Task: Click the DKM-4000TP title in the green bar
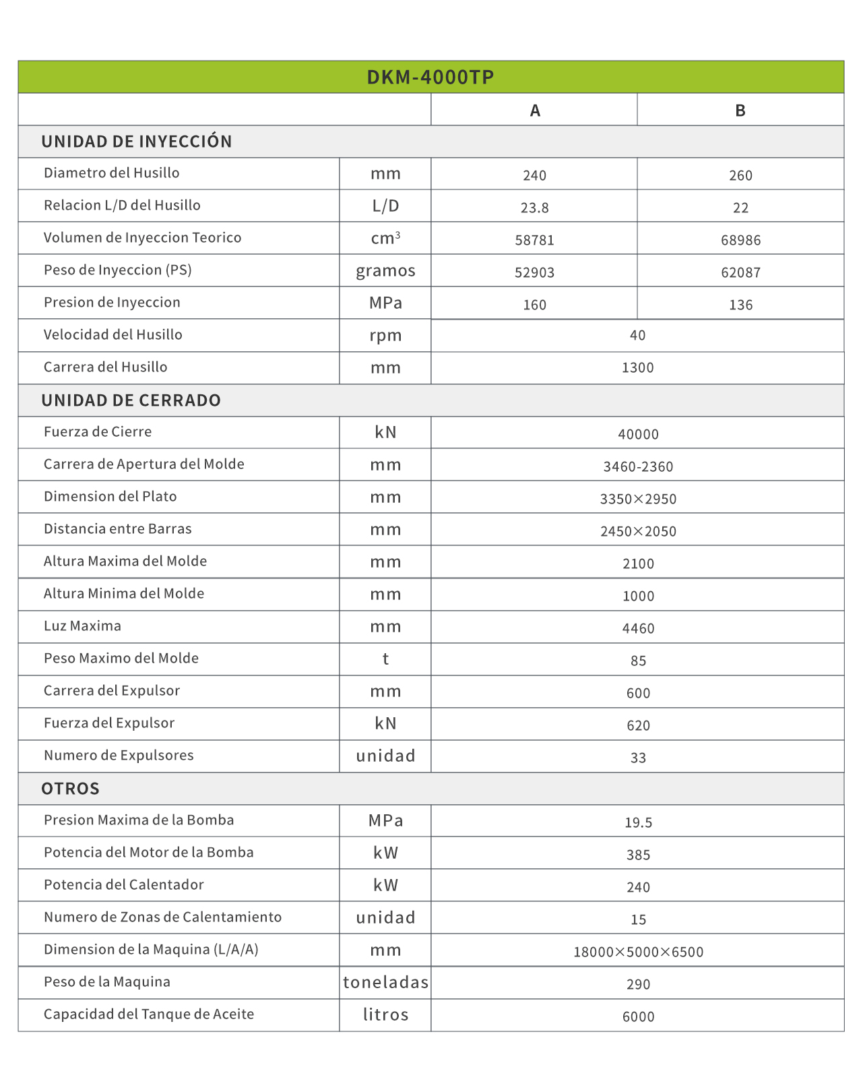pyautogui.click(x=430, y=77)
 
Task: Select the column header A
pyautogui.click(x=535, y=111)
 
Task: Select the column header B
pyautogui.click(x=740, y=111)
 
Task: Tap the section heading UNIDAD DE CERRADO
pyautogui.click(x=131, y=400)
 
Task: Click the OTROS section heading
pyautogui.click(x=70, y=789)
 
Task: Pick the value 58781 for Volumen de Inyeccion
pyautogui.click(x=534, y=240)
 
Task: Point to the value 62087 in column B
pyautogui.click(x=740, y=272)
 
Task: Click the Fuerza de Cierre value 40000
pyautogui.click(x=638, y=434)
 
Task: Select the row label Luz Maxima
pyautogui.click(x=82, y=626)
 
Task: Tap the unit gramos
pyautogui.click(x=385, y=271)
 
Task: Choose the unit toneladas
pyautogui.click(x=385, y=982)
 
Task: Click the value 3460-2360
pyautogui.click(x=638, y=466)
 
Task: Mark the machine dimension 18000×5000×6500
pyautogui.click(x=638, y=952)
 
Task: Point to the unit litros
pyautogui.click(x=385, y=1015)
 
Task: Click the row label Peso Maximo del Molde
pyautogui.click(x=121, y=658)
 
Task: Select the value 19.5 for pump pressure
pyautogui.click(x=638, y=822)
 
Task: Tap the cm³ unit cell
pyautogui.click(x=385, y=238)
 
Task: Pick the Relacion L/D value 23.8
pyautogui.click(x=534, y=208)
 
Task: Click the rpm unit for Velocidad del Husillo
pyautogui.click(x=385, y=336)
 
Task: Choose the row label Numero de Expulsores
pyautogui.click(x=119, y=755)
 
